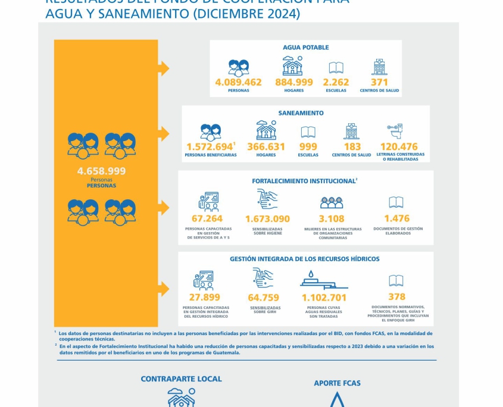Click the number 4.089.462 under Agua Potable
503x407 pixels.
coord(238,83)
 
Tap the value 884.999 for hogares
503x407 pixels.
coord(293,83)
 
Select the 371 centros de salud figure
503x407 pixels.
coord(379,83)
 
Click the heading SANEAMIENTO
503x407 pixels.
coord(301,113)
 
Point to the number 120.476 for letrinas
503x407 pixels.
coord(399,146)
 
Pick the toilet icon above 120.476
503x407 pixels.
coord(395,131)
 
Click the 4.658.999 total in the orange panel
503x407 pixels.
coord(101,171)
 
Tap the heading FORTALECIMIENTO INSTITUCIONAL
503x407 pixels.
coord(304,181)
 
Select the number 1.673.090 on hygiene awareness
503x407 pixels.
coord(267,219)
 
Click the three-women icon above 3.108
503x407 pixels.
coord(332,203)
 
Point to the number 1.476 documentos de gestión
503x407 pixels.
coord(396,218)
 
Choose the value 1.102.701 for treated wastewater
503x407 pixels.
coord(324,298)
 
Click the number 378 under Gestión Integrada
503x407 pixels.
coord(396,297)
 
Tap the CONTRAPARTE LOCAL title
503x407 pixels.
coord(181,379)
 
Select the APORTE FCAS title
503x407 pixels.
coord(337,383)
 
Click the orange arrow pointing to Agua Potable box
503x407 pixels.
coord(163,68)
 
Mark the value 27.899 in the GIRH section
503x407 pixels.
coord(204,298)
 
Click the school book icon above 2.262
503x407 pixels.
coord(336,68)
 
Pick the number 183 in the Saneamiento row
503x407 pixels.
coord(352,146)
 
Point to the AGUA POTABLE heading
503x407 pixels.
coord(305,48)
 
